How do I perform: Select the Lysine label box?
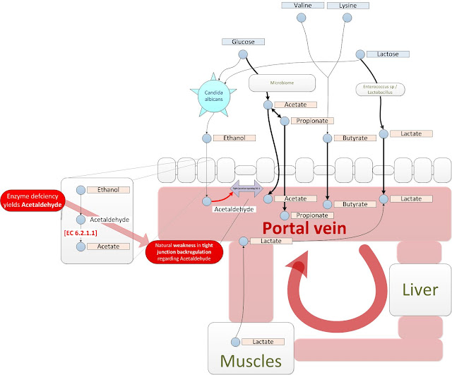[x=347, y=6]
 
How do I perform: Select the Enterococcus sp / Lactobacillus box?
[x=383, y=90]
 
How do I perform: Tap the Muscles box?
[x=251, y=349]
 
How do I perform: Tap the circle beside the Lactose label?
[x=360, y=54]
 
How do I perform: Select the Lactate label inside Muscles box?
[x=263, y=343]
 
